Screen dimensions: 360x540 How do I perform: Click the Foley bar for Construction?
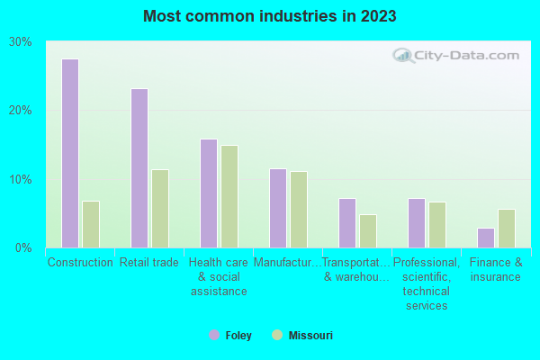(x=70, y=153)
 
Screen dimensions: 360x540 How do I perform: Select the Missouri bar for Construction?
(x=91, y=224)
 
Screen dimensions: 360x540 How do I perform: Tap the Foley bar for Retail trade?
(x=139, y=168)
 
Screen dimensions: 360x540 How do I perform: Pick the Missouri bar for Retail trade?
(x=160, y=209)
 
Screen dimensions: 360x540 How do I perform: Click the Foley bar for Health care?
(x=209, y=193)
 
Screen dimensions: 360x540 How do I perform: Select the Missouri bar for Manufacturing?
(x=299, y=210)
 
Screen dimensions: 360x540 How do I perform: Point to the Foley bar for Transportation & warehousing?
(x=347, y=223)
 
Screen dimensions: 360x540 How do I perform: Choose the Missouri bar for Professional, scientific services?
(x=437, y=225)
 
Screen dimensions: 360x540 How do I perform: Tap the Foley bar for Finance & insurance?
(x=486, y=238)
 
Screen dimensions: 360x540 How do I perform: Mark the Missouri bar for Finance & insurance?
(x=507, y=229)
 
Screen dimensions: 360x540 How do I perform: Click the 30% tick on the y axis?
(x=21, y=41)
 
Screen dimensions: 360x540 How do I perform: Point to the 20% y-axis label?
(x=21, y=110)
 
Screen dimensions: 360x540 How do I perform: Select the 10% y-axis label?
(x=21, y=179)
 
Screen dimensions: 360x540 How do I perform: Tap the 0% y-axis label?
(x=24, y=247)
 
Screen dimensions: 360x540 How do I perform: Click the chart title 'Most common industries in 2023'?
(x=269, y=16)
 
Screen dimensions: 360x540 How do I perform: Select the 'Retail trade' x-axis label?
(x=149, y=263)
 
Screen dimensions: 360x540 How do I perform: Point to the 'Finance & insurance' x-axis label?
(x=496, y=269)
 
